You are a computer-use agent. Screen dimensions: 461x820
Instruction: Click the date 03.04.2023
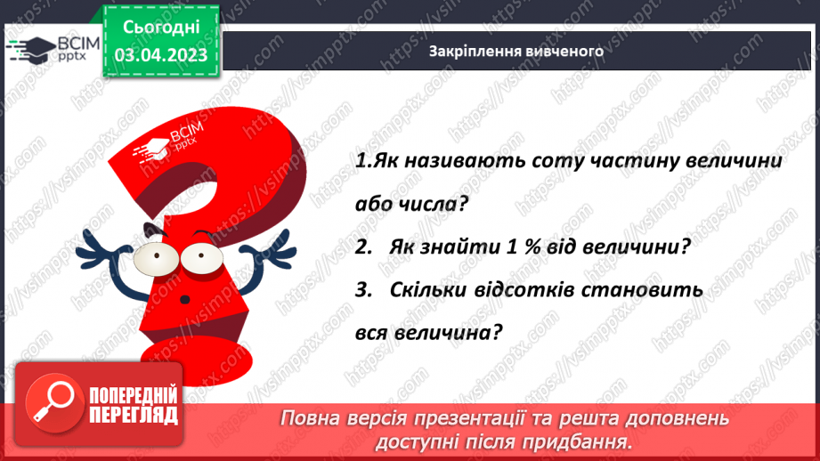click(x=161, y=54)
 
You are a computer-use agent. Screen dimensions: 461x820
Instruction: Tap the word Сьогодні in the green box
click(x=161, y=28)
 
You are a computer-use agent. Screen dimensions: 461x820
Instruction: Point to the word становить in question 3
click(x=651, y=290)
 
